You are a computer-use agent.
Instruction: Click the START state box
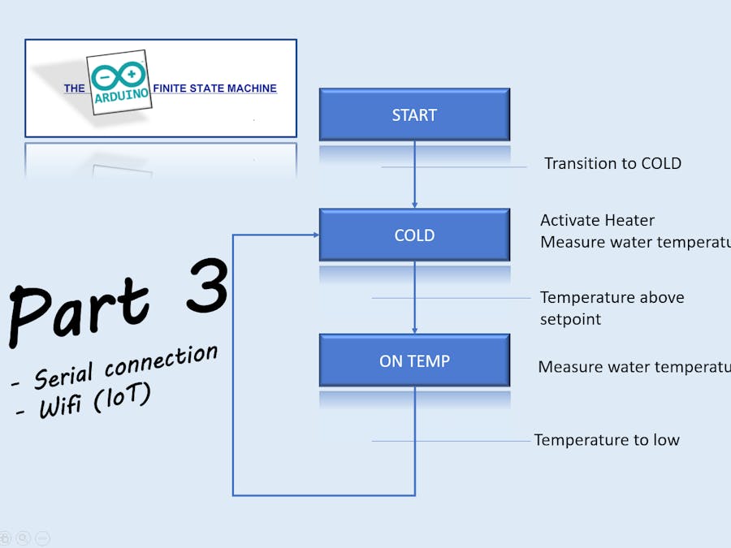pos(414,114)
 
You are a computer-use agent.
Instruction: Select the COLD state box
pos(414,235)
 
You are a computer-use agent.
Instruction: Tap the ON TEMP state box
pos(414,360)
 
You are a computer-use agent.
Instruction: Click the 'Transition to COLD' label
pos(612,163)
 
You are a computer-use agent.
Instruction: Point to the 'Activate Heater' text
pos(597,220)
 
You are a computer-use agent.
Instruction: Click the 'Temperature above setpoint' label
pos(612,308)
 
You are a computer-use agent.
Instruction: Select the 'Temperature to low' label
pos(606,440)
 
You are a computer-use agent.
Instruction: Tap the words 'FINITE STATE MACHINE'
pos(214,88)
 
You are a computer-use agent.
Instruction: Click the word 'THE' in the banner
pos(75,88)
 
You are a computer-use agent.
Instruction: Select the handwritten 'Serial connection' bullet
pos(118,368)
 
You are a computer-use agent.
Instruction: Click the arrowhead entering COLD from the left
pos(315,235)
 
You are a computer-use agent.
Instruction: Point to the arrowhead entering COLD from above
pos(414,205)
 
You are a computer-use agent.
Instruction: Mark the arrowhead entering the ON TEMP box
pos(414,330)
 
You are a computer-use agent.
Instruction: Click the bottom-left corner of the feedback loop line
pos(233,494)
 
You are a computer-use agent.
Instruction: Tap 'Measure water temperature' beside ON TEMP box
pos(634,367)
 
